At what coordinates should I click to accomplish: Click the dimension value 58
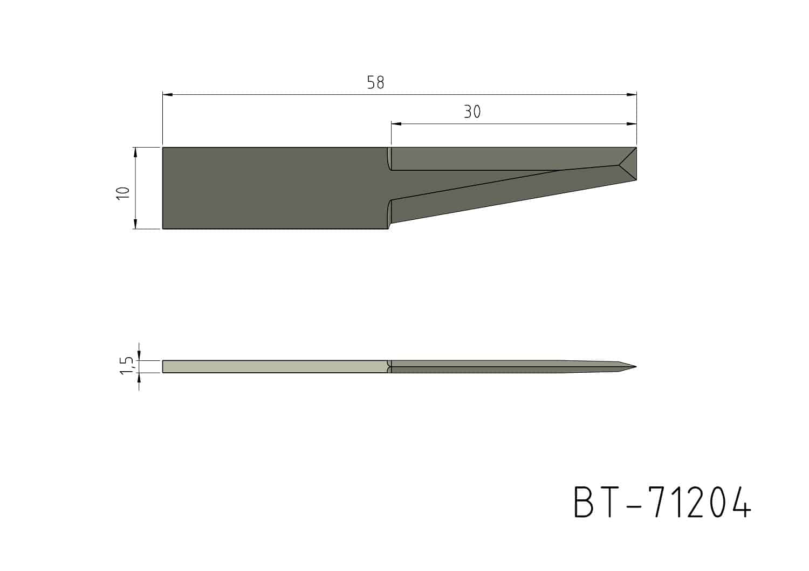tap(375, 82)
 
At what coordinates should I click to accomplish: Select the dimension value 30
tap(472, 112)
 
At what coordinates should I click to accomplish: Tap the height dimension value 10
tap(123, 194)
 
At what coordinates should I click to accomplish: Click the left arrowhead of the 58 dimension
tap(168, 94)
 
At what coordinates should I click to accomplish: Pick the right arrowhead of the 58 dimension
tap(632, 94)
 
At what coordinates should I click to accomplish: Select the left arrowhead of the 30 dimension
tap(396, 124)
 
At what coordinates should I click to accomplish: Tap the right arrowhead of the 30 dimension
tap(632, 124)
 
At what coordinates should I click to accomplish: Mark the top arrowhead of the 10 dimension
tap(136, 152)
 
